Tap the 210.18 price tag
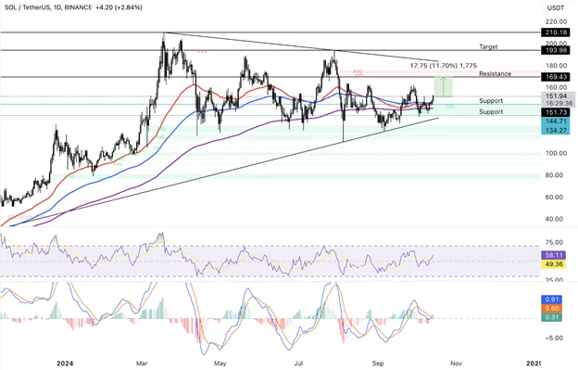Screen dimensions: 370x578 (557, 32)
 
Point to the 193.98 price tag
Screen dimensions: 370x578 (557, 50)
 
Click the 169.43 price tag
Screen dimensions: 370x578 (557, 77)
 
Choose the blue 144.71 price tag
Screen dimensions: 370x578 (557, 121)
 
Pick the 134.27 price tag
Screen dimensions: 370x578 (557, 131)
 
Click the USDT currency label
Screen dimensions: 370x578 (556, 8)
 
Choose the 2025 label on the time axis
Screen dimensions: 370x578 (537, 363)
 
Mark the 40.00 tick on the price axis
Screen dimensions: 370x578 (556, 220)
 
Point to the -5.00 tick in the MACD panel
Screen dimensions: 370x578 (556, 338)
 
